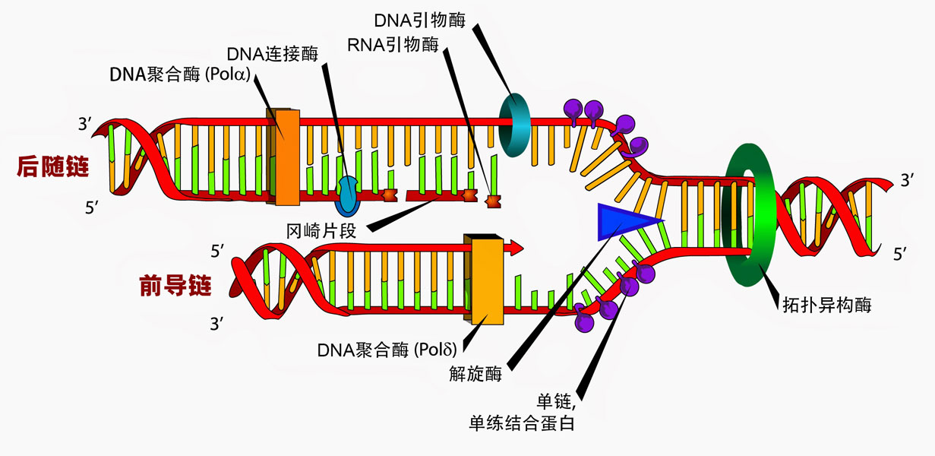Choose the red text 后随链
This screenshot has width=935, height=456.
(x=52, y=167)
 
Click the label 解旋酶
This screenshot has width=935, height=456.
(x=475, y=373)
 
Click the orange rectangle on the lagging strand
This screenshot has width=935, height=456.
(x=283, y=157)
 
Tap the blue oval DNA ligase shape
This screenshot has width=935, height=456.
(x=349, y=195)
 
